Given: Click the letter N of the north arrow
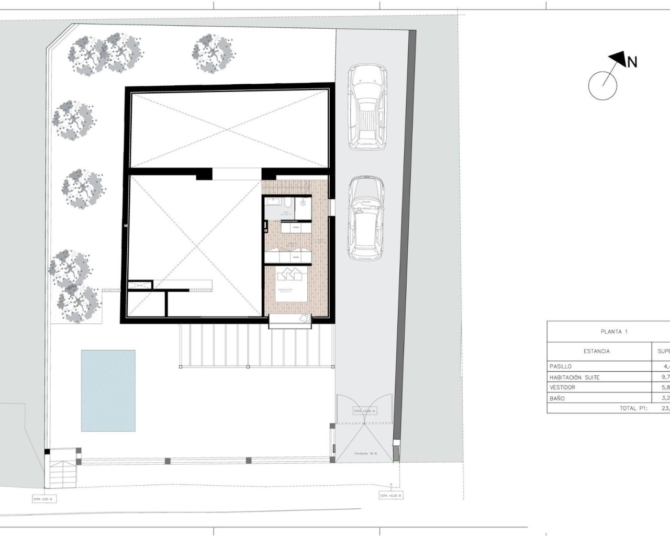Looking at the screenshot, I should pos(632,62).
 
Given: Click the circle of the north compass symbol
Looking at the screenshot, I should pos(602,85).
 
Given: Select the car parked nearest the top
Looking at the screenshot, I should pos(366,105).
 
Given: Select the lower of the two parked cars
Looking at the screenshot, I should pos(366,217).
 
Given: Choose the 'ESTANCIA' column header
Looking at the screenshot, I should pos(596,351).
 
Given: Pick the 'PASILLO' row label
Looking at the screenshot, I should pos(561,366).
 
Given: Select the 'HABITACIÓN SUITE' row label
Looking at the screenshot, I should pos(574,377).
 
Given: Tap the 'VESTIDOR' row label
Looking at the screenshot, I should pos(563,387).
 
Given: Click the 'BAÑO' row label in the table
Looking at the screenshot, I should pos(557,398).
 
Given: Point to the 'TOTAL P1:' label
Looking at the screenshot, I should pos(634,408).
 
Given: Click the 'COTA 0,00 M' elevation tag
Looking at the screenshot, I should pos(44,499).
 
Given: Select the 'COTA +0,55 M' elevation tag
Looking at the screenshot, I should pos(390,495).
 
